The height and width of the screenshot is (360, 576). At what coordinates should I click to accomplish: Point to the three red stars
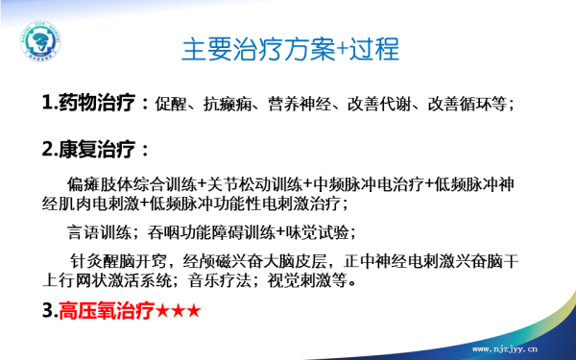point(180,313)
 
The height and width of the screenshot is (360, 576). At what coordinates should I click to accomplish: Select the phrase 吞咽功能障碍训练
point(211,233)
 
